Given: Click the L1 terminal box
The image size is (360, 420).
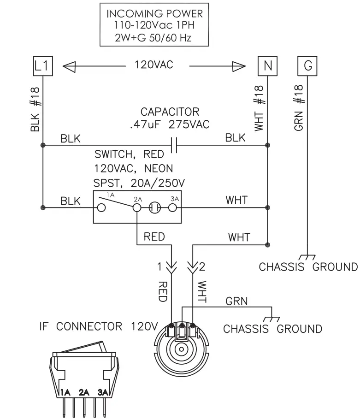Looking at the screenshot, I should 42,66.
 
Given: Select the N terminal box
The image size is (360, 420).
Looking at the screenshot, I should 267,66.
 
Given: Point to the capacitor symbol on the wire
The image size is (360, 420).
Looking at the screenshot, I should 174,145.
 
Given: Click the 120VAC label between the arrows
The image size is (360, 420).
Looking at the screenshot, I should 154,65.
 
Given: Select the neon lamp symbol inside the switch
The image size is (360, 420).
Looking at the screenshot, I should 155,208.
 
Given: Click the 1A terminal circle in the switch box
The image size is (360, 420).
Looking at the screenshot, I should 101,208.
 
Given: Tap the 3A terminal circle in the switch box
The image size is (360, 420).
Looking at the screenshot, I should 173,208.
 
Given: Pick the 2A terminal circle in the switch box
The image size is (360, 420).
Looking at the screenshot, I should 137,208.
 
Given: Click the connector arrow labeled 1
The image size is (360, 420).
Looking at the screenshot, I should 171,267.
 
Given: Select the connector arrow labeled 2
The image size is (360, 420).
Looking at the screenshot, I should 193,267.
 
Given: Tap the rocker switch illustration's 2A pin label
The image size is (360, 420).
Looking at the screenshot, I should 84,393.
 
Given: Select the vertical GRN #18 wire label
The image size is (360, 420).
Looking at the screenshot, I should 298,107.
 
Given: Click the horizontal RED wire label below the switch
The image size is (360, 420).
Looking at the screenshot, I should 154,237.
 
